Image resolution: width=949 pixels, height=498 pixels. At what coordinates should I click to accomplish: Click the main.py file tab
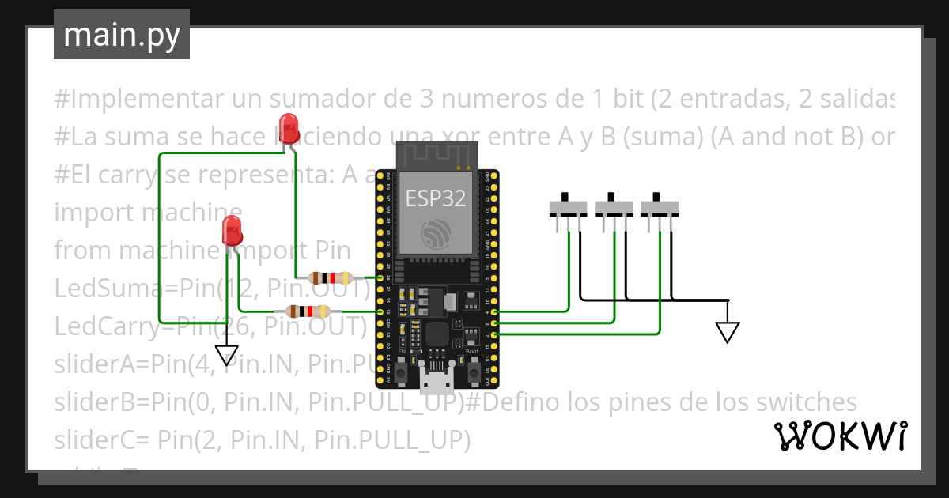tap(121, 35)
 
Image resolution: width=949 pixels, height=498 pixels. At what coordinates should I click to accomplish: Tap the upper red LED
tap(289, 126)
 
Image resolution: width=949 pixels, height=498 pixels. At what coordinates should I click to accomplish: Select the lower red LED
tap(233, 229)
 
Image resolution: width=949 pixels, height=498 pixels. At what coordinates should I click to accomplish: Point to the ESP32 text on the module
tap(436, 198)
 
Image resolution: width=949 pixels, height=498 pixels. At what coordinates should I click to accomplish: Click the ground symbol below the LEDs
tap(227, 355)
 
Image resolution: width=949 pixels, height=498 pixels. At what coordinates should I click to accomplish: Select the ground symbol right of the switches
tap(728, 331)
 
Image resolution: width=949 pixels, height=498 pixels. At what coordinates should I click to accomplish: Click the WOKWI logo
tap(841, 436)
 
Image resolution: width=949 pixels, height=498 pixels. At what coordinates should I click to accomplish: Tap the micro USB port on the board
tap(437, 383)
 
